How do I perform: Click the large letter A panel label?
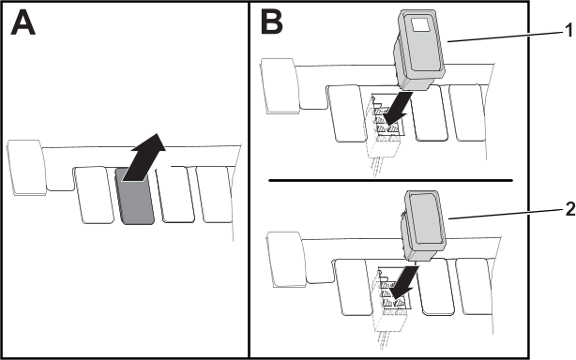click(x=23, y=22)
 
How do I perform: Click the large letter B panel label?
click(x=272, y=22)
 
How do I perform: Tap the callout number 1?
click(x=569, y=30)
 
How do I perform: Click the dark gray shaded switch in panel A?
click(x=135, y=196)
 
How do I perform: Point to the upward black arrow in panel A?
click(x=144, y=157)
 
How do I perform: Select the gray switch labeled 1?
click(x=419, y=50)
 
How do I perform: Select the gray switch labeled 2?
click(x=423, y=226)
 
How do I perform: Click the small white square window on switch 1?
click(x=420, y=25)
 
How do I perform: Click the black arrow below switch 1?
click(x=398, y=109)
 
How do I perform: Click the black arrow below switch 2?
click(x=405, y=282)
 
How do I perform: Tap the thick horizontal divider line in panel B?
click(x=390, y=181)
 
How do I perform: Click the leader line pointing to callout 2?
click(x=507, y=214)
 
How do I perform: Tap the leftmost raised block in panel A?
click(x=26, y=167)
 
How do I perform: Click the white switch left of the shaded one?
click(x=94, y=194)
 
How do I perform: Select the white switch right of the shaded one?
click(x=175, y=194)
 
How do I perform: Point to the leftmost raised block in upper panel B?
click(x=280, y=85)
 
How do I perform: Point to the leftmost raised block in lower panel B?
click(x=286, y=259)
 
